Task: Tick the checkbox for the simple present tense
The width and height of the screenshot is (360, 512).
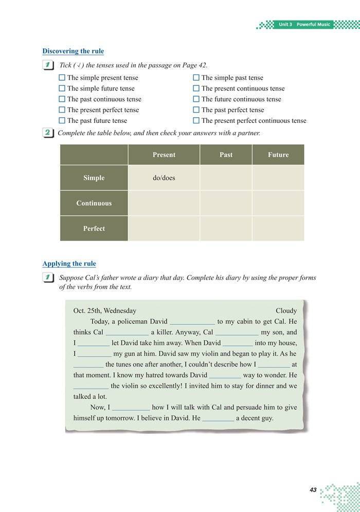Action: pyautogui.click(x=62, y=78)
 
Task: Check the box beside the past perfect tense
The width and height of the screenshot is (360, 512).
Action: pyautogui.click(x=196, y=110)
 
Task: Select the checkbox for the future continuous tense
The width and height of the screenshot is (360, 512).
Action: pyautogui.click(x=196, y=99)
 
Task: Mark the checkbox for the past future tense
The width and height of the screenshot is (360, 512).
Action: pyautogui.click(x=62, y=121)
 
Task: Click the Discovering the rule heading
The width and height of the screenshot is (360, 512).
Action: pyautogui.click(x=73, y=51)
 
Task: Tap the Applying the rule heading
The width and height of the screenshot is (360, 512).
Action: pyautogui.click(x=69, y=264)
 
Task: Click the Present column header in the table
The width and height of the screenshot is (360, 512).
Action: pyautogui.click(x=164, y=155)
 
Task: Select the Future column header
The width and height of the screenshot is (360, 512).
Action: pyautogui.click(x=278, y=155)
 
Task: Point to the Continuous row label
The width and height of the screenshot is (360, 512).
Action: pyautogui.click(x=94, y=203)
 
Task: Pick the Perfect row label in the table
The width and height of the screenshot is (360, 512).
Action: pyautogui.click(x=94, y=229)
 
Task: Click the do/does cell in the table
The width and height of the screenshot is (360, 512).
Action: pyautogui.click(x=164, y=178)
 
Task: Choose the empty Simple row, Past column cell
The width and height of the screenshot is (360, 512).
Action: pyautogui.click(x=226, y=178)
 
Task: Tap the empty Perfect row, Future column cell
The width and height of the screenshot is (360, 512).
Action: pyautogui.click(x=278, y=229)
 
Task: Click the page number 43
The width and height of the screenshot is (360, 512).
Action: pyautogui.click(x=313, y=490)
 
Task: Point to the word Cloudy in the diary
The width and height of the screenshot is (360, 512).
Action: pyautogui.click(x=286, y=310)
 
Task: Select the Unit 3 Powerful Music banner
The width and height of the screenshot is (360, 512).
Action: pyautogui.click(x=304, y=25)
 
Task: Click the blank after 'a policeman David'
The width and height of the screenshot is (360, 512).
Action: pyautogui.click(x=192, y=322)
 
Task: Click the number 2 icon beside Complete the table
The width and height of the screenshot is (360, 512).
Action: pyautogui.click(x=48, y=133)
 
